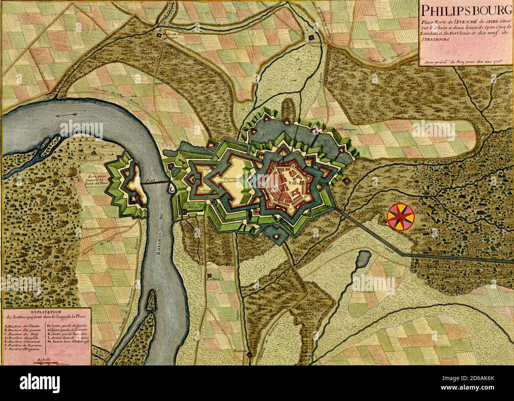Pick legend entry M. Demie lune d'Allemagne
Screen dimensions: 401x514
[68, 340]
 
